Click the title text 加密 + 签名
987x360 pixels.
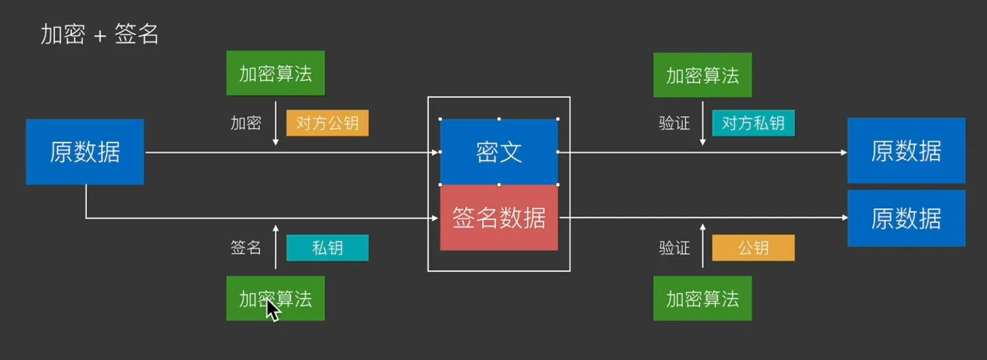click(x=99, y=34)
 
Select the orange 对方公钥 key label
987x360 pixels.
click(x=327, y=123)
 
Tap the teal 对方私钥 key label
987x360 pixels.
click(x=753, y=123)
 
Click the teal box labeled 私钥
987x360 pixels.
click(x=327, y=248)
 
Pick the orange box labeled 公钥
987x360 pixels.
click(x=753, y=248)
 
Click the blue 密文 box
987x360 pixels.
click(x=498, y=152)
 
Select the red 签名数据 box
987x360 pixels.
click(x=498, y=217)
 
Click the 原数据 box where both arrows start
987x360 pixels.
click(x=85, y=152)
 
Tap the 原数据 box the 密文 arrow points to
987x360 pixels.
click(x=906, y=151)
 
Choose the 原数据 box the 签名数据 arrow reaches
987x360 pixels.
click(x=906, y=218)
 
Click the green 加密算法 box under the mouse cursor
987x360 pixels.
click(x=275, y=298)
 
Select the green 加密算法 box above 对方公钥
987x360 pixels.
click(x=275, y=74)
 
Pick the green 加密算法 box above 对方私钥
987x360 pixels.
click(x=702, y=75)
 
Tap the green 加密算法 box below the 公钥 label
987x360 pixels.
click(x=702, y=298)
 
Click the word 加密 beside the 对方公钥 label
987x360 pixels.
click(x=246, y=123)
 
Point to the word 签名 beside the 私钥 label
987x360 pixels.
click(x=246, y=248)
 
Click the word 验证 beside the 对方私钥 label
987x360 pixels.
click(x=674, y=123)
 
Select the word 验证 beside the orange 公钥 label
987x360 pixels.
click(x=674, y=248)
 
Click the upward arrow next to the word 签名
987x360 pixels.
click(x=276, y=247)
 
